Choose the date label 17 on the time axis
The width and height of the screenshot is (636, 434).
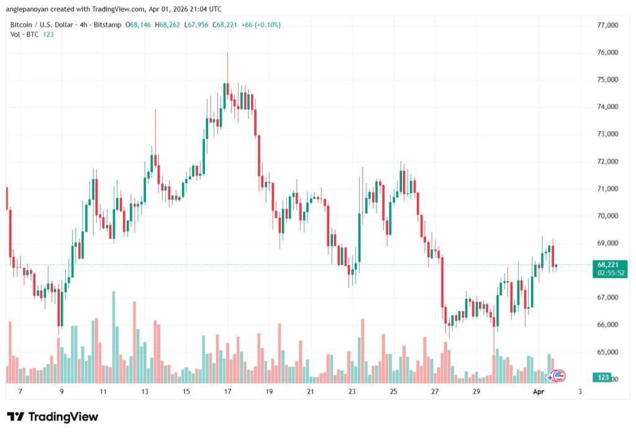pos(227,392)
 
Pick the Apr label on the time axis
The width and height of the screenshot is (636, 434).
pos(539,392)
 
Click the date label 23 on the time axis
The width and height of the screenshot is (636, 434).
pos(352,392)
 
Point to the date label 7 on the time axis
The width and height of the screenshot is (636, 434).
pos(20,392)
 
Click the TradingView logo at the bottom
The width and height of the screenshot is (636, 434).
pos(52,417)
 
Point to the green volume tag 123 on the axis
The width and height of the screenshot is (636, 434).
pos(602,377)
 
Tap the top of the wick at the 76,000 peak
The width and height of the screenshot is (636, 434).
pos(227,53)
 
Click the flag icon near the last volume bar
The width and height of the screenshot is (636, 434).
pos(559,374)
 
